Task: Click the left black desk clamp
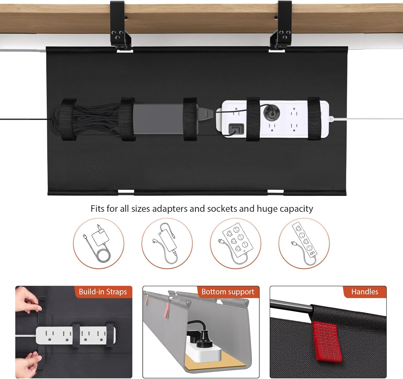[x=120, y=27]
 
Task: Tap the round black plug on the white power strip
[x=271, y=113]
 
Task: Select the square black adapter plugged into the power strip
[x=236, y=128]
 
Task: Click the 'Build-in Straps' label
[x=103, y=292]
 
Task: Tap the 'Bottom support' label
[x=228, y=292]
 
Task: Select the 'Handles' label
[x=365, y=292]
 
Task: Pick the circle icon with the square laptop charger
[x=98, y=243]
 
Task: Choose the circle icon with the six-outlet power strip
[x=235, y=243]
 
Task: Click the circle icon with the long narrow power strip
[x=304, y=243]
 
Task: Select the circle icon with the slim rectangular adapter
[x=167, y=243]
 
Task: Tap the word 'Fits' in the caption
[x=97, y=209]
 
